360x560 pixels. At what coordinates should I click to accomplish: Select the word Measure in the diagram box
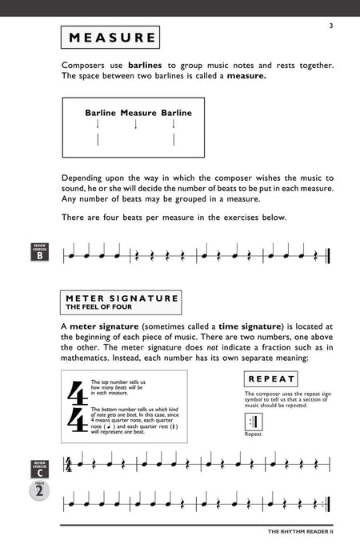click(x=138, y=114)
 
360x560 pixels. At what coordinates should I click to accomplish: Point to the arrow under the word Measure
click(x=135, y=124)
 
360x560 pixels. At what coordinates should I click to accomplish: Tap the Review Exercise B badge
click(x=40, y=254)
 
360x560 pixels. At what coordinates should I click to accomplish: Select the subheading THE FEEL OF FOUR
click(x=98, y=306)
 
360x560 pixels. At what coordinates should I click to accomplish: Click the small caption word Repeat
click(x=253, y=434)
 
